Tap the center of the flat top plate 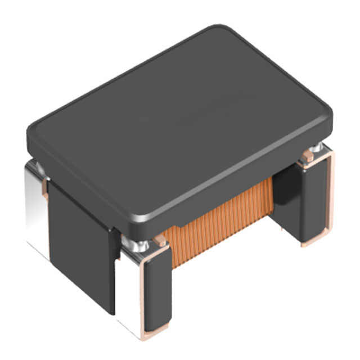tap(180, 121)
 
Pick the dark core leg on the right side tap(307, 202)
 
